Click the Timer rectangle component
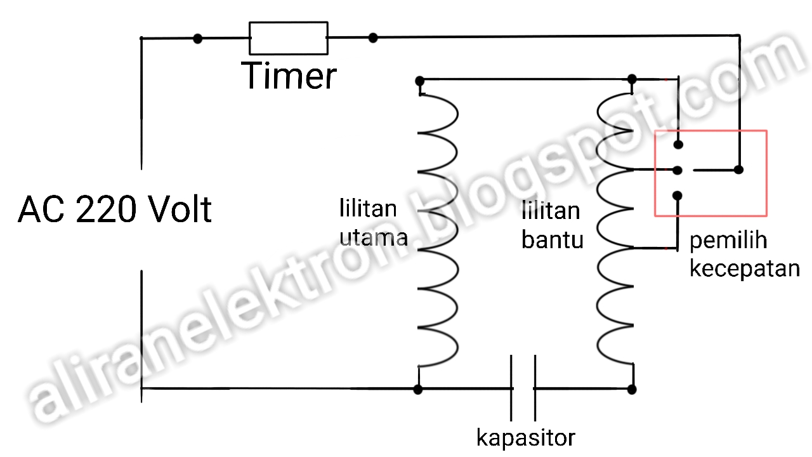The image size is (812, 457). (x=289, y=39)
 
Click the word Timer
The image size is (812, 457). (x=289, y=76)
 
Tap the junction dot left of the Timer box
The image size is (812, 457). (x=198, y=39)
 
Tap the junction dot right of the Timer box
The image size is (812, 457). (x=373, y=38)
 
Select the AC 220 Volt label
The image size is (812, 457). (x=114, y=209)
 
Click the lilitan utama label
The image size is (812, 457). (x=373, y=223)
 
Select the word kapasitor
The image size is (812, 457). (x=526, y=437)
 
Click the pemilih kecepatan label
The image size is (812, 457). (x=744, y=254)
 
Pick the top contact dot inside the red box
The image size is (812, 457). (x=678, y=145)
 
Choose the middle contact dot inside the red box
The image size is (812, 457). (x=678, y=170)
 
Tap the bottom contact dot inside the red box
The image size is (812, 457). (x=678, y=195)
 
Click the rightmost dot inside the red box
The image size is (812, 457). (x=738, y=169)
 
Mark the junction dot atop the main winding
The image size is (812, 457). (x=419, y=81)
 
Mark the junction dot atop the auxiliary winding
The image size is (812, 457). (x=631, y=79)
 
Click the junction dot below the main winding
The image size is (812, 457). (x=417, y=389)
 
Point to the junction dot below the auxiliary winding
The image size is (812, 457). (x=631, y=389)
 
